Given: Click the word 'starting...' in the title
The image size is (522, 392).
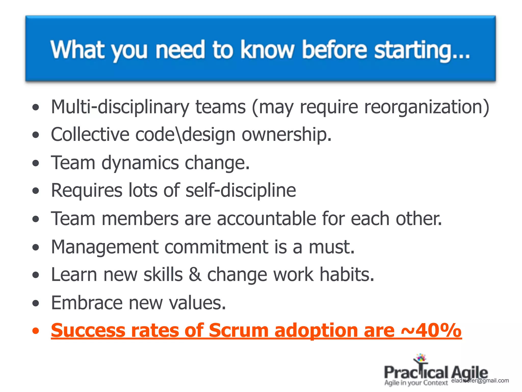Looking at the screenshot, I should (x=422, y=50).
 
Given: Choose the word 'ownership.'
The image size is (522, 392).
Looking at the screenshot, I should (x=286, y=135).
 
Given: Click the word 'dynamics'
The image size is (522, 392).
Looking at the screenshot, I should (x=140, y=163).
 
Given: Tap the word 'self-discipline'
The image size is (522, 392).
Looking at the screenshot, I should (x=241, y=190).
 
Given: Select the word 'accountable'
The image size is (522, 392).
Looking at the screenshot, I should (x=266, y=219).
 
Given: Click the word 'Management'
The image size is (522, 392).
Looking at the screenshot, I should (x=105, y=247).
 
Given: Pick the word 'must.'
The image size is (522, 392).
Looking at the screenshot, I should (x=331, y=247).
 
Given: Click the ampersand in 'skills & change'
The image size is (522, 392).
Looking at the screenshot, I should (x=195, y=275).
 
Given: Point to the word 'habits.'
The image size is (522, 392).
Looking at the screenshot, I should (x=347, y=275).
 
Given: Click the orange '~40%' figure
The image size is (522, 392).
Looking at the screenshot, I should (x=431, y=331).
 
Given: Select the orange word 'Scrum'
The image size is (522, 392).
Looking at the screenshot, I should (x=239, y=331).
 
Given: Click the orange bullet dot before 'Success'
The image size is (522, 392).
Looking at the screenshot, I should (x=36, y=331).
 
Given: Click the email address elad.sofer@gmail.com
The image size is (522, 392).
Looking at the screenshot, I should (x=480, y=381).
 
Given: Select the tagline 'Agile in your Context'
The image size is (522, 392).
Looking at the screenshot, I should (x=416, y=383).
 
